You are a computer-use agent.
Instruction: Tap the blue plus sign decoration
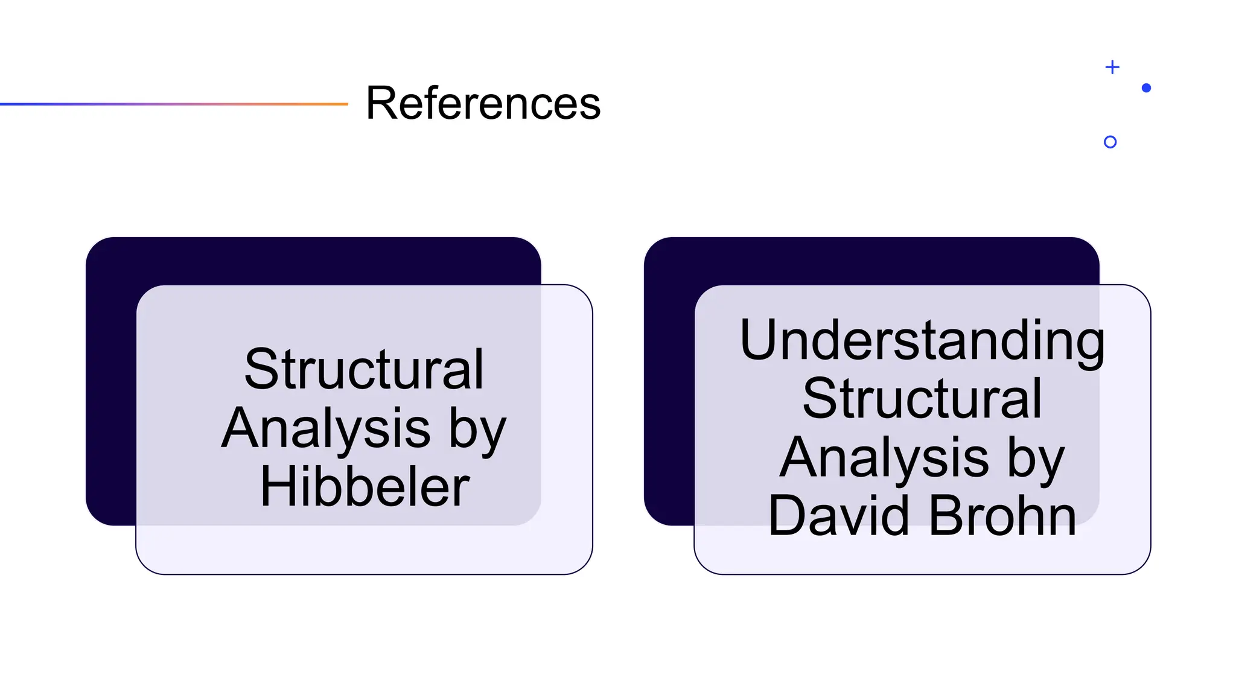pos(1112,67)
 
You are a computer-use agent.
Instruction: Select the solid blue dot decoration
pos(1147,88)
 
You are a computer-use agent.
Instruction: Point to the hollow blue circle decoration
pos(1110,142)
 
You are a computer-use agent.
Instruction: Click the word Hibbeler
pos(365,486)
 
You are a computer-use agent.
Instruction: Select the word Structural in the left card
pos(364,369)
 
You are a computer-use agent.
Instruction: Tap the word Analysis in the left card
pos(326,428)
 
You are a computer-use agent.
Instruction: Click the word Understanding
pos(922,340)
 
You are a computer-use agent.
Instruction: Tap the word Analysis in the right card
pos(884,457)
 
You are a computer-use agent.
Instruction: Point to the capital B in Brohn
pos(946,515)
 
